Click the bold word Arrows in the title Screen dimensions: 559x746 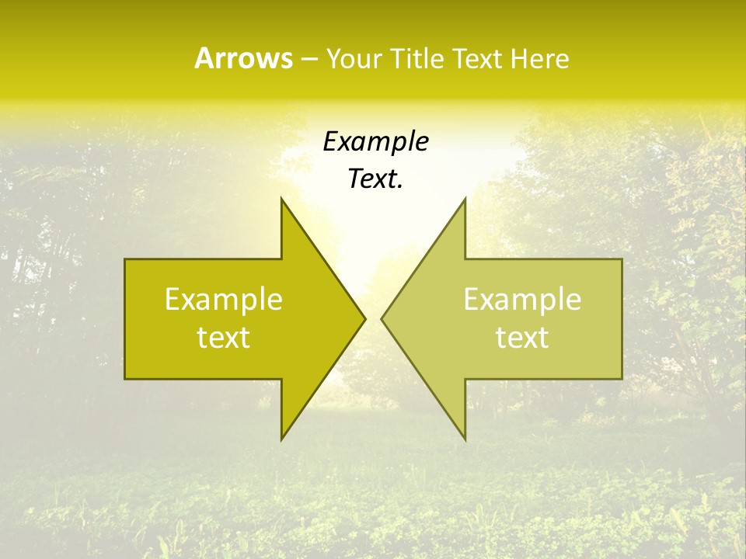244,58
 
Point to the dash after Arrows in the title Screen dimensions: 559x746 310,59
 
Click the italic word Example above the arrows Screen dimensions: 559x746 376,141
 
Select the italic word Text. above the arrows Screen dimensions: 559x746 376,179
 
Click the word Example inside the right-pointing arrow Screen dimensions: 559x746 224,299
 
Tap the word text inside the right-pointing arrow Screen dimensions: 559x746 224,338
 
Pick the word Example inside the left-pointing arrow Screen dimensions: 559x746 522,299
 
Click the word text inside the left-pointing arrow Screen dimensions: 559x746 522,338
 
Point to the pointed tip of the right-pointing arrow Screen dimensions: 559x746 364,318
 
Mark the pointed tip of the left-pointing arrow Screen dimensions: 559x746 382,318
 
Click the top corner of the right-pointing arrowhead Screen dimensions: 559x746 281,198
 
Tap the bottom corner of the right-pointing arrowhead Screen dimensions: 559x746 281,439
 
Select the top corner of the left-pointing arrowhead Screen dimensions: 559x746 465,198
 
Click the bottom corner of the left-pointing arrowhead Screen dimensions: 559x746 465,439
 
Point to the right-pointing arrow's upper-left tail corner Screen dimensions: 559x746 125,259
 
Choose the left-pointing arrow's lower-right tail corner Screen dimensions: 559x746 622,378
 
